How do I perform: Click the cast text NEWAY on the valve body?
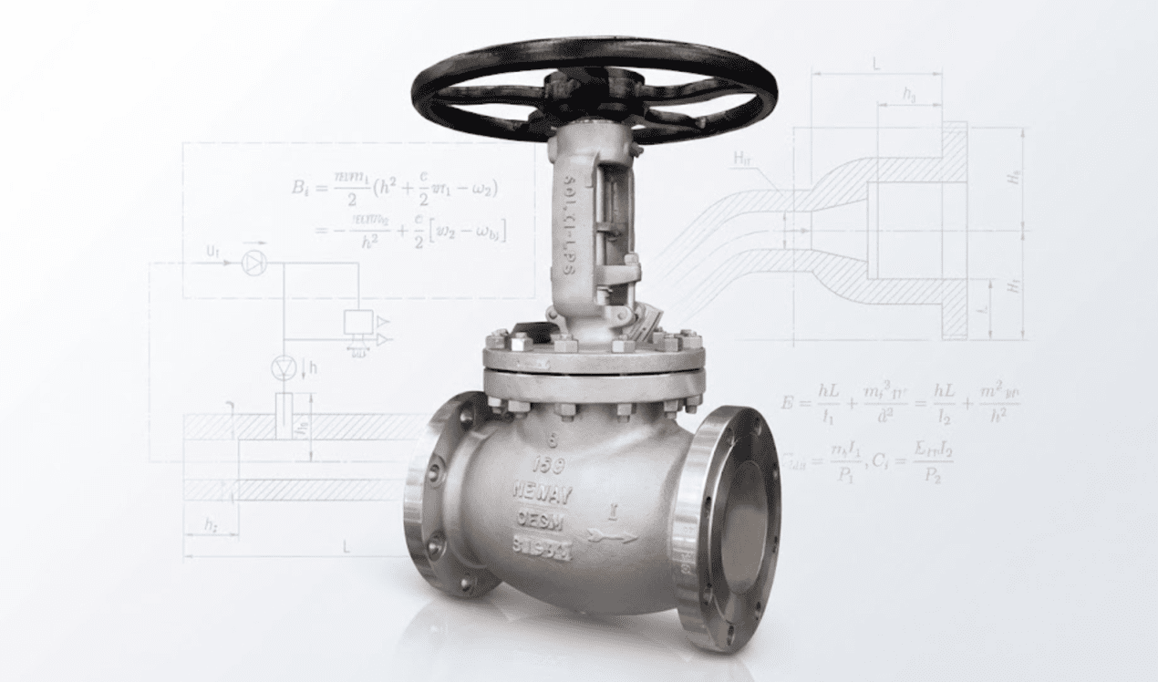tap(542, 495)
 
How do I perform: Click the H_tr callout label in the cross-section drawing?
tap(743, 160)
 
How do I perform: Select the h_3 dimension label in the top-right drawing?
tap(909, 94)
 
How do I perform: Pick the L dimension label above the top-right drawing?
tap(875, 65)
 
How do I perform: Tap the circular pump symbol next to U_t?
tap(253, 263)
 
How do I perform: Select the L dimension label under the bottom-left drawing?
tap(346, 546)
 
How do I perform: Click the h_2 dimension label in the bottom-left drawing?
tap(211, 524)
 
